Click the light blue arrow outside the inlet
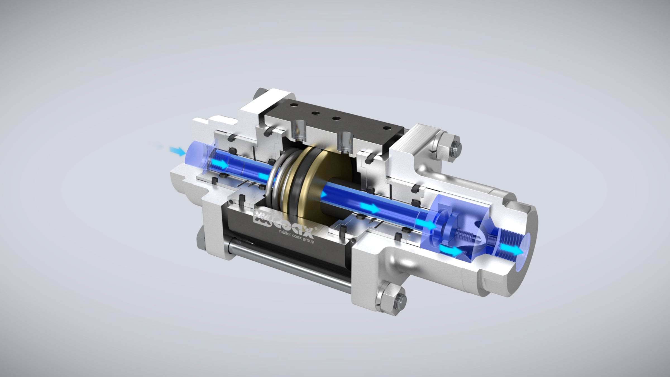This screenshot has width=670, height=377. pos(177,151)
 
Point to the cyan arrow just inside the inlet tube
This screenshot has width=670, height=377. pos(221,164)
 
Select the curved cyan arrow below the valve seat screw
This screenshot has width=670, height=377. pos(450,250)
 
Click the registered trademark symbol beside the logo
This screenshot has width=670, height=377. pos(316,228)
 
